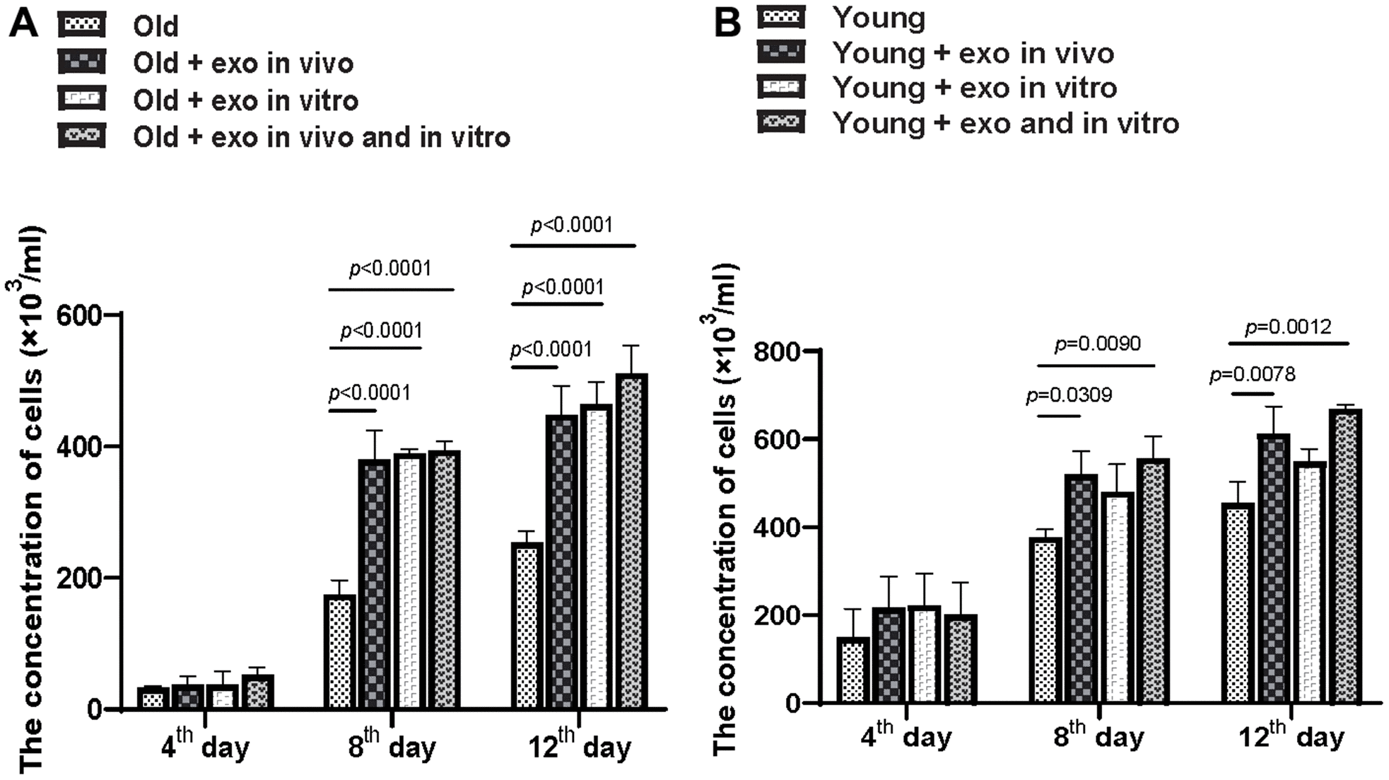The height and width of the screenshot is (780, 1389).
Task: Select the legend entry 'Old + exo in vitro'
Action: click(x=245, y=100)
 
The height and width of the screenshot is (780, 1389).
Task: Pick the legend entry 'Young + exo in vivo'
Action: click(x=973, y=53)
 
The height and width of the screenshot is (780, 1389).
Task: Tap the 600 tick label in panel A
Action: click(x=80, y=315)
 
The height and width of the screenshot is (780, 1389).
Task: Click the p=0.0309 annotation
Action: click(x=1069, y=395)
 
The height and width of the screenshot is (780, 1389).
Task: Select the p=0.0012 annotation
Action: click(x=1288, y=327)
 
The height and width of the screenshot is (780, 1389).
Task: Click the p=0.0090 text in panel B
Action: click(x=1097, y=344)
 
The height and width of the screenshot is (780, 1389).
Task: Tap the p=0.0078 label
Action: click(x=1252, y=374)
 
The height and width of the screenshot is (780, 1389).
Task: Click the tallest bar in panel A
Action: click(x=631, y=541)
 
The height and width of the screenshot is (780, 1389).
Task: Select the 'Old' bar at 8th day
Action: click(x=340, y=651)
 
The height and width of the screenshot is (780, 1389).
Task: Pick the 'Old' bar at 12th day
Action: click(x=527, y=625)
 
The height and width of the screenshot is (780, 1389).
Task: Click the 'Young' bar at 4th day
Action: click(x=852, y=670)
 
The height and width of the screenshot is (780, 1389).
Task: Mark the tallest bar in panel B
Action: click(x=1345, y=556)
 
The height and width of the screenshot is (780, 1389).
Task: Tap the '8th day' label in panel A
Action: click(x=392, y=745)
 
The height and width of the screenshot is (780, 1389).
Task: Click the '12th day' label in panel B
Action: click(x=1291, y=737)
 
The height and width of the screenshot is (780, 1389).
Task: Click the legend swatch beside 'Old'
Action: click(x=82, y=25)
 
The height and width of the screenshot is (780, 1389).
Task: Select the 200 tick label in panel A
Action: click(x=80, y=578)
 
